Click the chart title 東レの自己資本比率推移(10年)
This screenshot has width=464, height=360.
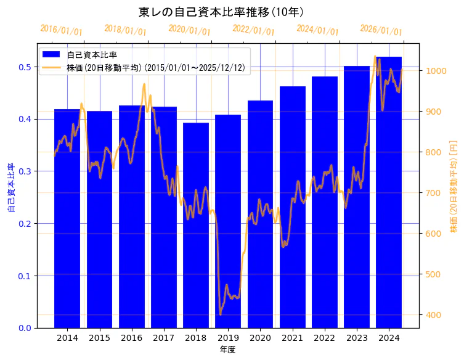point(221,12)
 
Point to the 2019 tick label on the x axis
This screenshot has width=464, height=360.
point(228,338)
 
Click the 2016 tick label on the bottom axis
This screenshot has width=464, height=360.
point(131,338)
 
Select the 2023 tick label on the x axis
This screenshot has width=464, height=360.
point(357,338)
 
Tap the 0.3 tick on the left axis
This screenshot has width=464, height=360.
point(25,171)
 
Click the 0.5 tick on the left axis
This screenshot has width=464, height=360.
point(25,67)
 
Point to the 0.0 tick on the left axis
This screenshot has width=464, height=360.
point(25,328)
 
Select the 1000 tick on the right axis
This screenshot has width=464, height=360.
point(434,71)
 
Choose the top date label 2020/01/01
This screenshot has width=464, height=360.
point(189,30)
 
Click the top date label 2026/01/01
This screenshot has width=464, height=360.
point(381,30)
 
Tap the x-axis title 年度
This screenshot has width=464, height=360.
point(227,350)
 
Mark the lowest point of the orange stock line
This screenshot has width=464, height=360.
point(221,314)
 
